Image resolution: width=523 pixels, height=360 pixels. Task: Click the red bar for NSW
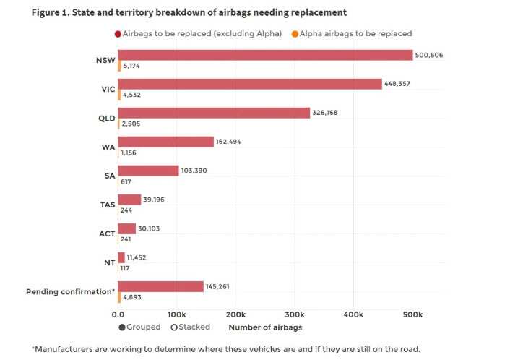tap(265, 55)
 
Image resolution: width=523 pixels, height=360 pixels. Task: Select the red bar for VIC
tap(249, 84)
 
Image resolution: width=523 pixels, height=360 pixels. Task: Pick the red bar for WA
tap(165, 142)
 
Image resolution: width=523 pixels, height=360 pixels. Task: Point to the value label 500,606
tap(429, 55)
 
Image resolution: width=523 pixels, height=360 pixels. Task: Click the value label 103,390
tap(195, 171)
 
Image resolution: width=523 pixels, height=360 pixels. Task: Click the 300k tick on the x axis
tap(295, 314)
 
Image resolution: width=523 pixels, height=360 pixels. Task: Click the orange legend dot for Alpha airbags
tap(295, 33)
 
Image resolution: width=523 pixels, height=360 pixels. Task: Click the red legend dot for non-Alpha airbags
tap(117, 33)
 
